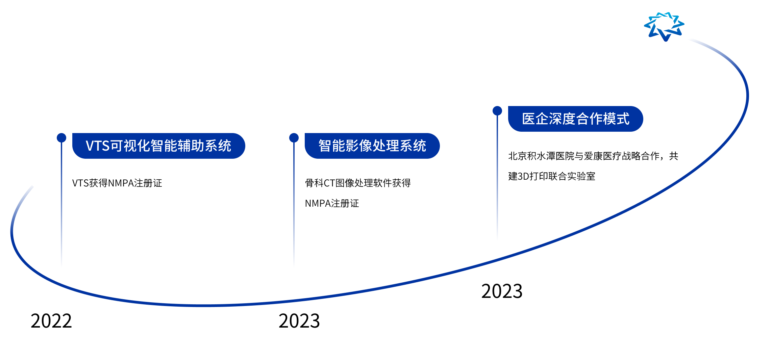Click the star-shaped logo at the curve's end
point(664,26)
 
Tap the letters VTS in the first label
point(98,146)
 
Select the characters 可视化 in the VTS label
point(130,146)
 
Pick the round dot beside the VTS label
point(61,138)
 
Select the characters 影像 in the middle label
point(359,146)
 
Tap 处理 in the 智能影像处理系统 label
point(386,146)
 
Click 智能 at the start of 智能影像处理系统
point(332,146)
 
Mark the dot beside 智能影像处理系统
point(294,138)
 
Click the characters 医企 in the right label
point(535,119)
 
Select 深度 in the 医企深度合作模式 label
point(562,119)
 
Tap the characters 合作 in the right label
point(589,119)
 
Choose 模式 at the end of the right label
point(616,119)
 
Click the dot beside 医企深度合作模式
point(497,111)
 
